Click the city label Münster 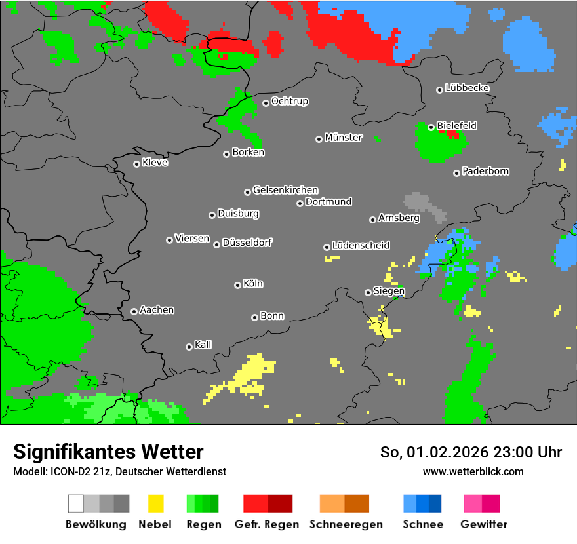(x=344, y=138)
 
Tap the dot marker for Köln (x=237, y=285)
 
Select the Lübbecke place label (x=467, y=88)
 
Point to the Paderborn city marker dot (x=456, y=173)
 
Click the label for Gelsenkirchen (x=285, y=190)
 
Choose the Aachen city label (x=157, y=310)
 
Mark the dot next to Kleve (x=136, y=164)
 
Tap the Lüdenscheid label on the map (x=361, y=246)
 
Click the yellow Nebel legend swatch (x=155, y=503)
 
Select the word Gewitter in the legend (x=484, y=524)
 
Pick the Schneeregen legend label (x=346, y=524)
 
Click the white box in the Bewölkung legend (x=76, y=503)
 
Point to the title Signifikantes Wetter (x=108, y=452)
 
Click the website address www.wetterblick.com (x=473, y=471)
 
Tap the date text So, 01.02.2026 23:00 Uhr (x=471, y=452)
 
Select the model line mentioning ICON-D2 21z (x=119, y=471)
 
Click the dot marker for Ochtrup (x=266, y=102)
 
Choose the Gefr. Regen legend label (x=267, y=524)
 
